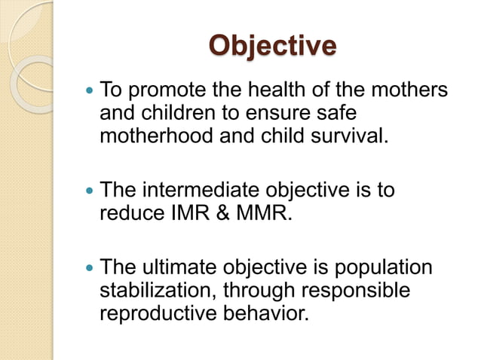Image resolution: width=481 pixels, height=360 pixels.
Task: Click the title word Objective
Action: (x=272, y=44)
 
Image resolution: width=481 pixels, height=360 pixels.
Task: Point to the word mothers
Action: (x=406, y=92)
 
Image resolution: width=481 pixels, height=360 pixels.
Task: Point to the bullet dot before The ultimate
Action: (x=90, y=268)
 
